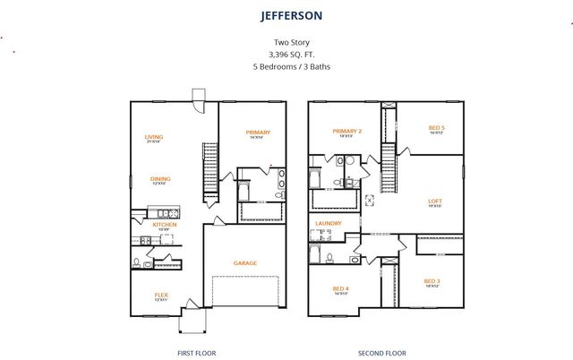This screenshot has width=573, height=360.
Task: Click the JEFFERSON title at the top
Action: click(x=286, y=15)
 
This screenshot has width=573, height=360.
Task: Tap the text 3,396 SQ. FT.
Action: click(x=286, y=54)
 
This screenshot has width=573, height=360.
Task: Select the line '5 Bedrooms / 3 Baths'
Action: click(x=286, y=65)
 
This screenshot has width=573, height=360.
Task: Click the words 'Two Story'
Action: click(x=286, y=42)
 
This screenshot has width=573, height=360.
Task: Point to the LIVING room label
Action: click(x=154, y=137)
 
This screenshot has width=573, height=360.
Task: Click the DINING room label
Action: click(x=160, y=178)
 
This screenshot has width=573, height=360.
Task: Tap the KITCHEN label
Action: click(x=164, y=225)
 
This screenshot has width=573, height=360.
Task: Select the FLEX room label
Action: click(x=161, y=295)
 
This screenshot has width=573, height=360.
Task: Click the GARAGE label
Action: click(x=245, y=262)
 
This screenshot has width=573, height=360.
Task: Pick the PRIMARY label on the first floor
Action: click(x=258, y=133)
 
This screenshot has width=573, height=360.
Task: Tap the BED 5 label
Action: click(x=436, y=127)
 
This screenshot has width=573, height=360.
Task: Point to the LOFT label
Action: click(x=436, y=201)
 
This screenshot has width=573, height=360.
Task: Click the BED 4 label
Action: click(x=340, y=287)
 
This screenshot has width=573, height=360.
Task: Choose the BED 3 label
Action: click(x=431, y=281)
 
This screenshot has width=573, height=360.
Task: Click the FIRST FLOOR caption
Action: click(x=197, y=352)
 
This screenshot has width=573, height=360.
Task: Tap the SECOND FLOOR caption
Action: click(x=382, y=352)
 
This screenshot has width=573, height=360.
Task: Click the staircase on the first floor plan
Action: click(x=210, y=170)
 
